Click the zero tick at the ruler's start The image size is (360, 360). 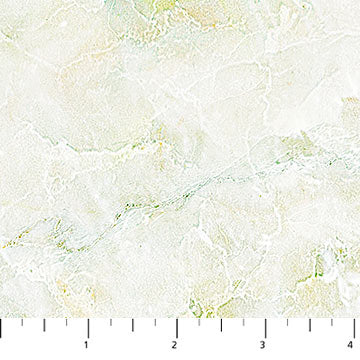tap(1, 326)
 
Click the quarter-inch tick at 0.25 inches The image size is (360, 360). tap(22, 321)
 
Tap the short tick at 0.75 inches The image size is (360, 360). tap(66, 321)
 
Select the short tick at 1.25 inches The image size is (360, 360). tap(111, 321)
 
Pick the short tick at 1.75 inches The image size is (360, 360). tap(155, 321)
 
